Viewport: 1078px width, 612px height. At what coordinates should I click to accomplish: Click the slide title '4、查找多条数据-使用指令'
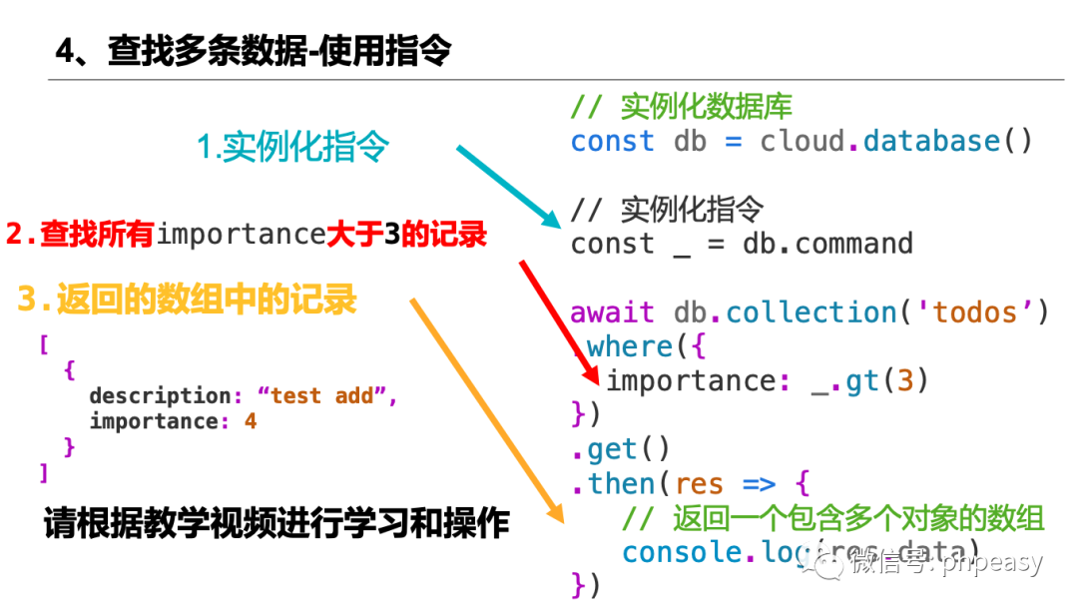pyautogui.click(x=254, y=51)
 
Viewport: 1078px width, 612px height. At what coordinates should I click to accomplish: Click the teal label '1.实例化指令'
pyautogui.click(x=292, y=148)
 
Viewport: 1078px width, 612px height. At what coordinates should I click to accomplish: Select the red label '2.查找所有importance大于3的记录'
pyautogui.click(x=247, y=235)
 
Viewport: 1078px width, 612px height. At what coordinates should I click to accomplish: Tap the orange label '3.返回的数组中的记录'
pyautogui.click(x=187, y=300)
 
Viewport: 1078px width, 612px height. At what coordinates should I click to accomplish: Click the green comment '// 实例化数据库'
pyautogui.click(x=681, y=106)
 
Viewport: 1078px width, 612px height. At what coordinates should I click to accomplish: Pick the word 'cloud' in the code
pyautogui.click(x=802, y=141)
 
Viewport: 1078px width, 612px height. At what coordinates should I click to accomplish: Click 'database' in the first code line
pyautogui.click(x=931, y=141)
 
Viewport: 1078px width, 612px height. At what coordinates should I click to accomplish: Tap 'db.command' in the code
pyautogui.click(x=827, y=244)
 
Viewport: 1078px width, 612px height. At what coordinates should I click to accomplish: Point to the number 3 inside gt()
pyautogui.click(x=905, y=380)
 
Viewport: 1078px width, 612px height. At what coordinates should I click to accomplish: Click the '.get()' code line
pyautogui.click(x=621, y=449)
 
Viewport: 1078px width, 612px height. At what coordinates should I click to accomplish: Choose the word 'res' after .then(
pyautogui.click(x=699, y=484)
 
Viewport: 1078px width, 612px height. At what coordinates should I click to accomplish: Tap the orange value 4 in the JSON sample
pyautogui.click(x=251, y=421)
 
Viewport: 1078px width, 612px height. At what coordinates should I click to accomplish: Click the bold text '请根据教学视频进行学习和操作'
pyautogui.click(x=276, y=524)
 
